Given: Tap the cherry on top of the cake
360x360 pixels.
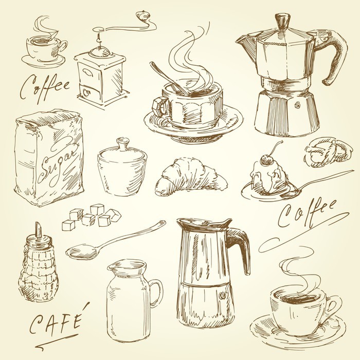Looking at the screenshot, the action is coord(266,159).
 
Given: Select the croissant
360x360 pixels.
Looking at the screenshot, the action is coord(191,177).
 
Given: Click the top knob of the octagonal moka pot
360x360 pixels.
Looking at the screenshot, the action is coord(283,20).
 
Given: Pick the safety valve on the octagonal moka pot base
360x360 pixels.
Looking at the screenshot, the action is coord(298,105).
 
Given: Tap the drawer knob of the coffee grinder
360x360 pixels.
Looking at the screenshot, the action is coord(86,93).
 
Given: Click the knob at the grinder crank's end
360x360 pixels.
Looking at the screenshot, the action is coord(143,16).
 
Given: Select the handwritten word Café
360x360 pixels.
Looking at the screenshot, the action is coord(56,319).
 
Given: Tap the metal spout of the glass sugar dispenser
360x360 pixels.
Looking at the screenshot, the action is coord(38,230).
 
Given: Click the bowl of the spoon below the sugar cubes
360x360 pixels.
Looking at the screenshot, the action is coord(82,253).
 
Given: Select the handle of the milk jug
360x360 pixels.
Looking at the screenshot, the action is coord(156,293).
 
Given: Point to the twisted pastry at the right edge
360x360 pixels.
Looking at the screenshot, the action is coord(328,152).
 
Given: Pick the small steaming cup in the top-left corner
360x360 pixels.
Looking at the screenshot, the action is coord(44,49).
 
